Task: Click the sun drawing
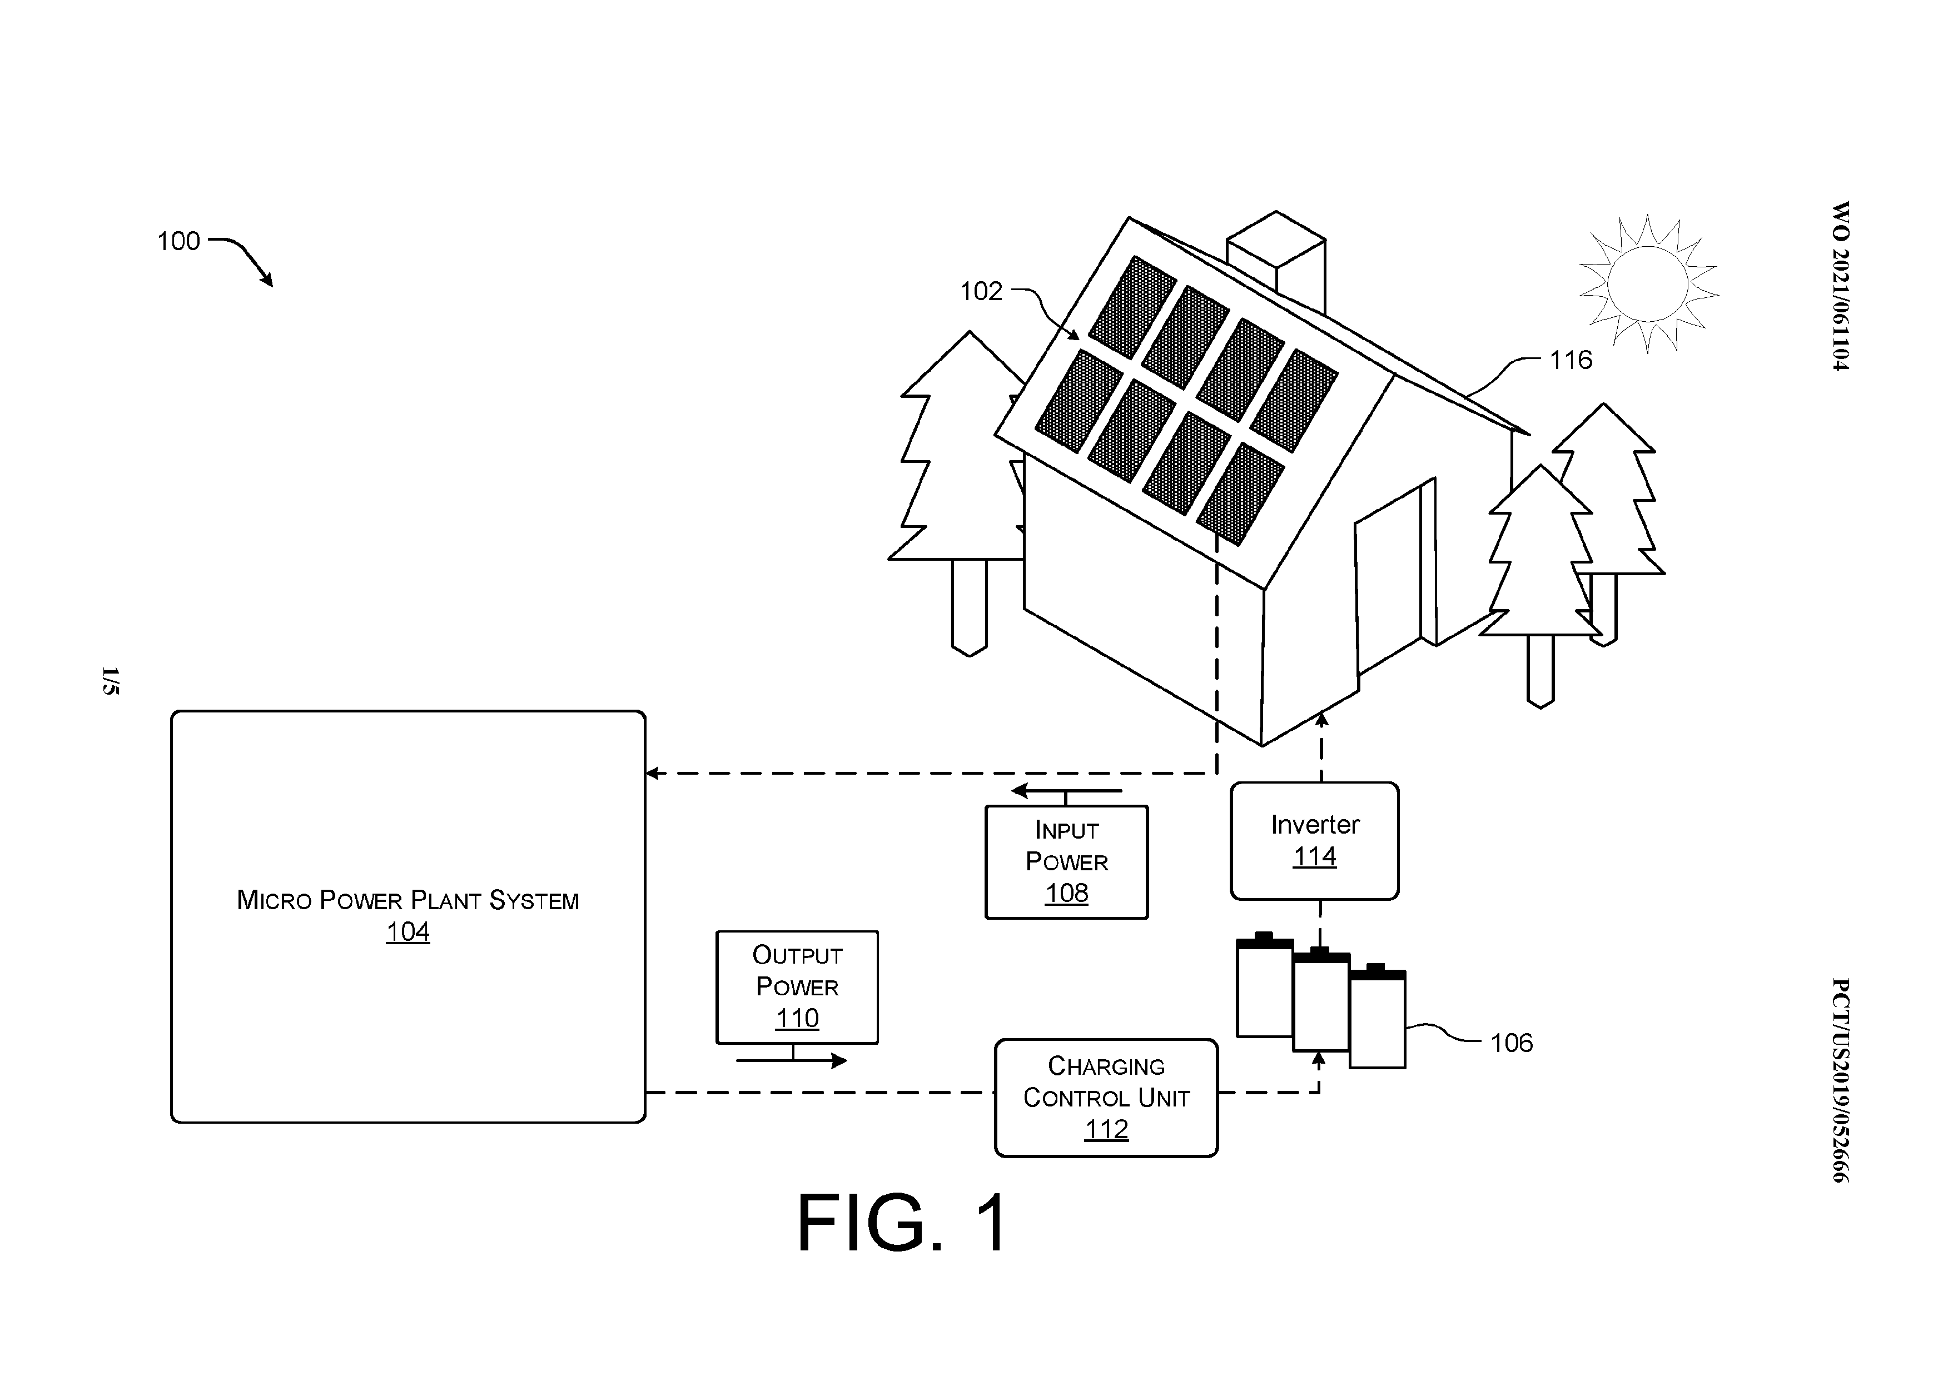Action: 1648,283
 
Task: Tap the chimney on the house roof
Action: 1276,260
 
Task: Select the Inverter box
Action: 1314,841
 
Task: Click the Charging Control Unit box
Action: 1106,1098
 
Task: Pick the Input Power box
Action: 1066,862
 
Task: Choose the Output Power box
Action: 797,986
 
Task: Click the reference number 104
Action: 408,931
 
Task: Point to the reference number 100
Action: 178,241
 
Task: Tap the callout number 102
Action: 981,291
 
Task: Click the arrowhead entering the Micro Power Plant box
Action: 653,773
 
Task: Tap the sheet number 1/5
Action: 110,681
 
